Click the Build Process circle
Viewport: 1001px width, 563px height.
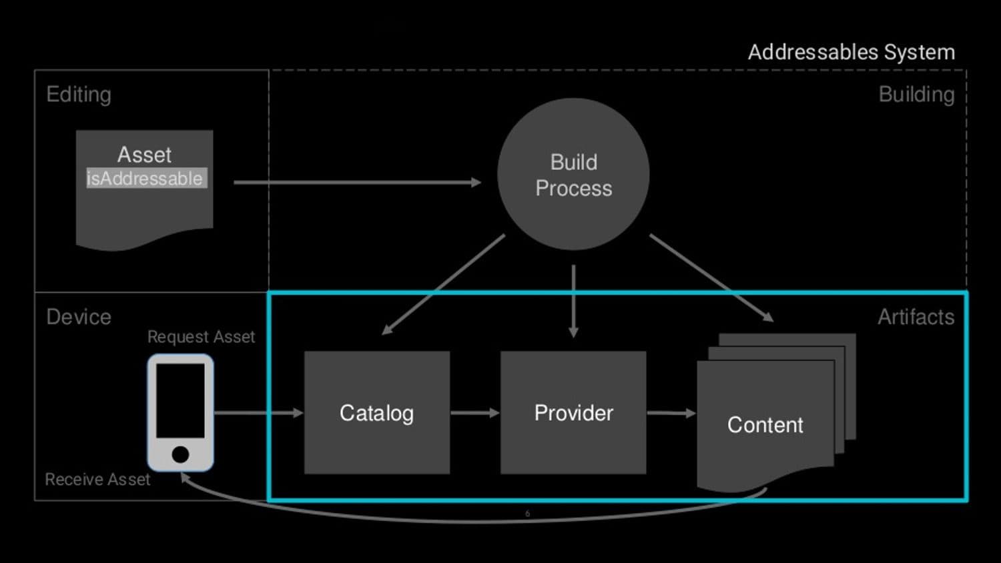[x=573, y=175]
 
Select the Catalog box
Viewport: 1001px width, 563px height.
[x=376, y=413]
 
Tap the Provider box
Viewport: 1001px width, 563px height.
[x=573, y=413]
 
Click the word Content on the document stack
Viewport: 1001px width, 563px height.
[x=765, y=425]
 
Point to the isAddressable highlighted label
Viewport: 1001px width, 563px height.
[x=145, y=179]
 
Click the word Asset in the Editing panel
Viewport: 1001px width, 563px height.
[x=144, y=155]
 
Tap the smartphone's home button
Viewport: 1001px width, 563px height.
[x=180, y=454]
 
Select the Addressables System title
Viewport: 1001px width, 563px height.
[x=851, y=52]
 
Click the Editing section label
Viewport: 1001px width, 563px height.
[x=79, y=95]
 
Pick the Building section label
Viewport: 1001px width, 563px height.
[x=916, y=95]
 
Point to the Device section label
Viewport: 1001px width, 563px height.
[x=79, y=317]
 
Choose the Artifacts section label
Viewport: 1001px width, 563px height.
[x=916, y=317]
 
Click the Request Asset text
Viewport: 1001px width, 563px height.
[x=201, y=337]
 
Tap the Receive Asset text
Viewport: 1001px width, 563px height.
[x=97, y=480]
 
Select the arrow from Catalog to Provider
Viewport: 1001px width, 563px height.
[x=474, y=413]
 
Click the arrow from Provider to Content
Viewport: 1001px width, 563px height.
[x=671, y=413]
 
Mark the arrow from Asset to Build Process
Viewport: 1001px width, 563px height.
[x=357, y=182]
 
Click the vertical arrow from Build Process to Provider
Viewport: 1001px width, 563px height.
[x=573, y=300]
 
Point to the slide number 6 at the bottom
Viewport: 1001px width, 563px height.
[x=527, y=514]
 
